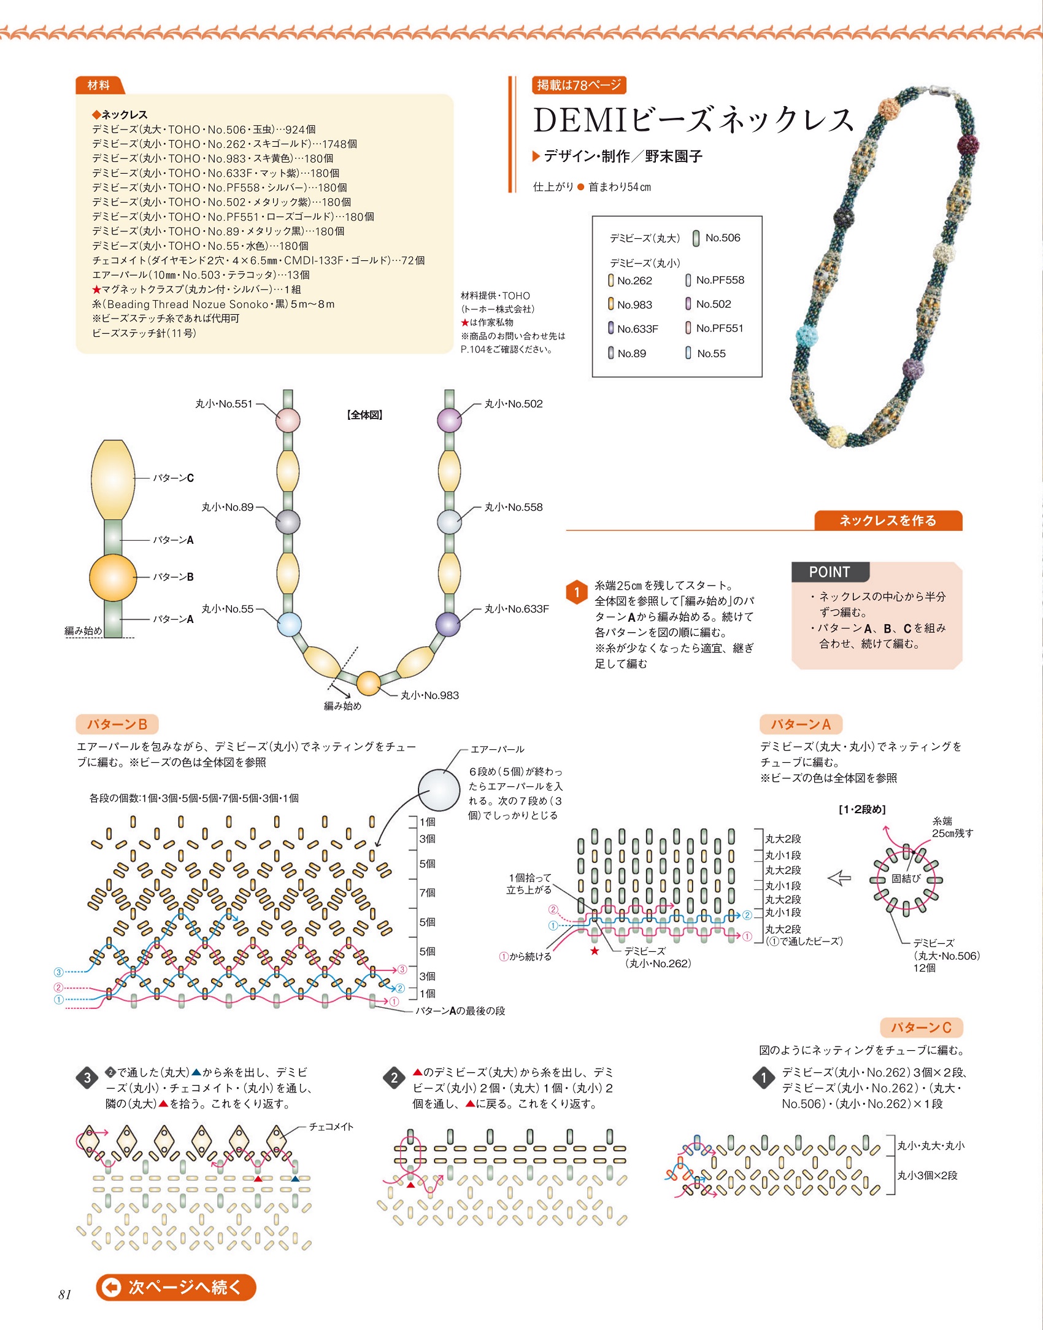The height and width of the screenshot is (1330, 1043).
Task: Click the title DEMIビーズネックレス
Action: click(x=693, y=120)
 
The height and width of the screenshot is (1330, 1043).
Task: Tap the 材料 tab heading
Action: click(x=99, y=85)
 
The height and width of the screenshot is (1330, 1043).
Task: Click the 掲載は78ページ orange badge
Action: click(x=579, y=85)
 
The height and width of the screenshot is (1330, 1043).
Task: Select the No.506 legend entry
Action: click(x=717, y=238)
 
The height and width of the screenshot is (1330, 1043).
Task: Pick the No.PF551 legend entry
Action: click(x=714, y=328)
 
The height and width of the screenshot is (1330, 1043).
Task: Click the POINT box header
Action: click(x=830, y=572)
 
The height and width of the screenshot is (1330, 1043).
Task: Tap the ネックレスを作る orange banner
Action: click(x=888, y=520)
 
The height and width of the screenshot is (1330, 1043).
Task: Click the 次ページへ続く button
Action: click(x=176, y=1287)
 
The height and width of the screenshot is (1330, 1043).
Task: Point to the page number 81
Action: click(x=65, y=1295)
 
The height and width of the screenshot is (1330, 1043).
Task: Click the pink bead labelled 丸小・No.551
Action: click(x=288, y=421)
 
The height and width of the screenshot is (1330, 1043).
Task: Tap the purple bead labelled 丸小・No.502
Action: click(x=449, y=420)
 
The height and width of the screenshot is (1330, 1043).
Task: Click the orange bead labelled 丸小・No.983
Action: click(x=369, y=683)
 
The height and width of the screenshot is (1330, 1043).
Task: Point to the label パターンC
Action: click(x=174, y=478)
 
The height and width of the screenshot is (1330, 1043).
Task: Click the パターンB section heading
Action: click(x=117, y=724)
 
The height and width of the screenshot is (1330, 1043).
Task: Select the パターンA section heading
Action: click(x=801, y=724)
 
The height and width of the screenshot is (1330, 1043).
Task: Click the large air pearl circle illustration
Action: click(x=439, y=791)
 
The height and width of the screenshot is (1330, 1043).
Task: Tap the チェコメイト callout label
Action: click(x=331, y=1127)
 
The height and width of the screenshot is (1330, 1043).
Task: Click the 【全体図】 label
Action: click(x=365, y=415)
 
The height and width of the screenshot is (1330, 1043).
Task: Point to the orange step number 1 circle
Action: click(x=577, y=592)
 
